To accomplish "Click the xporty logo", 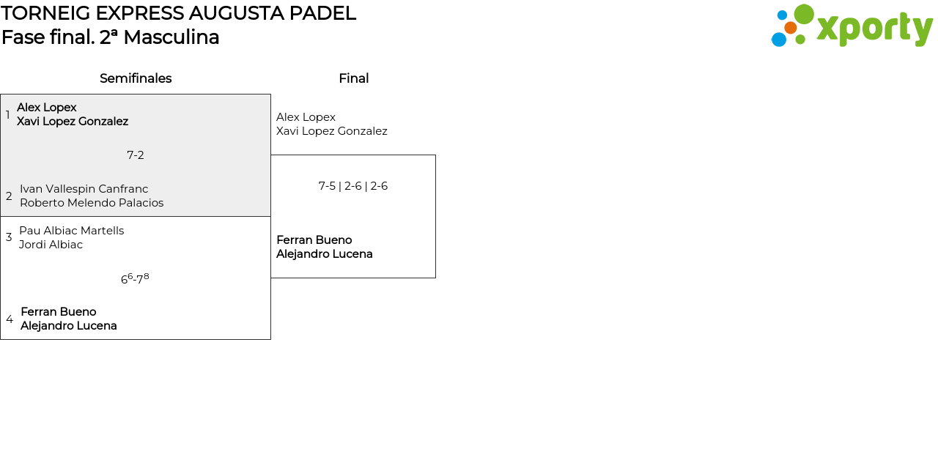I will (x=852, y=26).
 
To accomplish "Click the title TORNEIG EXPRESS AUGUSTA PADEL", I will (x=178, y=13).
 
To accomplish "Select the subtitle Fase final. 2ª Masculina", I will (x=111, y=37).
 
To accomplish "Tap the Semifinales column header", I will (x=136, y=78).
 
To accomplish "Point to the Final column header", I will (x=353, y=78).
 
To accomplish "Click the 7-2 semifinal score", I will (x=136, y=155).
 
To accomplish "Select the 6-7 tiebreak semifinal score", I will (x=135, y=279).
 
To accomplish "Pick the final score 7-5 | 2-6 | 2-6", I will (x=353, y=186).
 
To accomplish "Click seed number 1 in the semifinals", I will (x=8, y=115).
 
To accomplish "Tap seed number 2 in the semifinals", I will (x=9, y=196).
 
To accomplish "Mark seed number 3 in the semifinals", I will (x=9, y=237).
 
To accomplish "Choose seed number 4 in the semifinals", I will (x=10, y=319).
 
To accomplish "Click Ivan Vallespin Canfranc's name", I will (x=84, y=189).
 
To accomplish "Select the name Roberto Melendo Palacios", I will (x=92, y=203).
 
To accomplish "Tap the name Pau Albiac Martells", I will (x=72, y=231).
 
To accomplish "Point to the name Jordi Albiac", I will (x=51, y=245).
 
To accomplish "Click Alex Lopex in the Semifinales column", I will (x=47, y=108).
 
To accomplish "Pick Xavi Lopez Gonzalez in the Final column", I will (x=332, y=131).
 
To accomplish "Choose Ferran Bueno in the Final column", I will (x=314, y=240).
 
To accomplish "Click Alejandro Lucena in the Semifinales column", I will (x=69, y=326).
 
